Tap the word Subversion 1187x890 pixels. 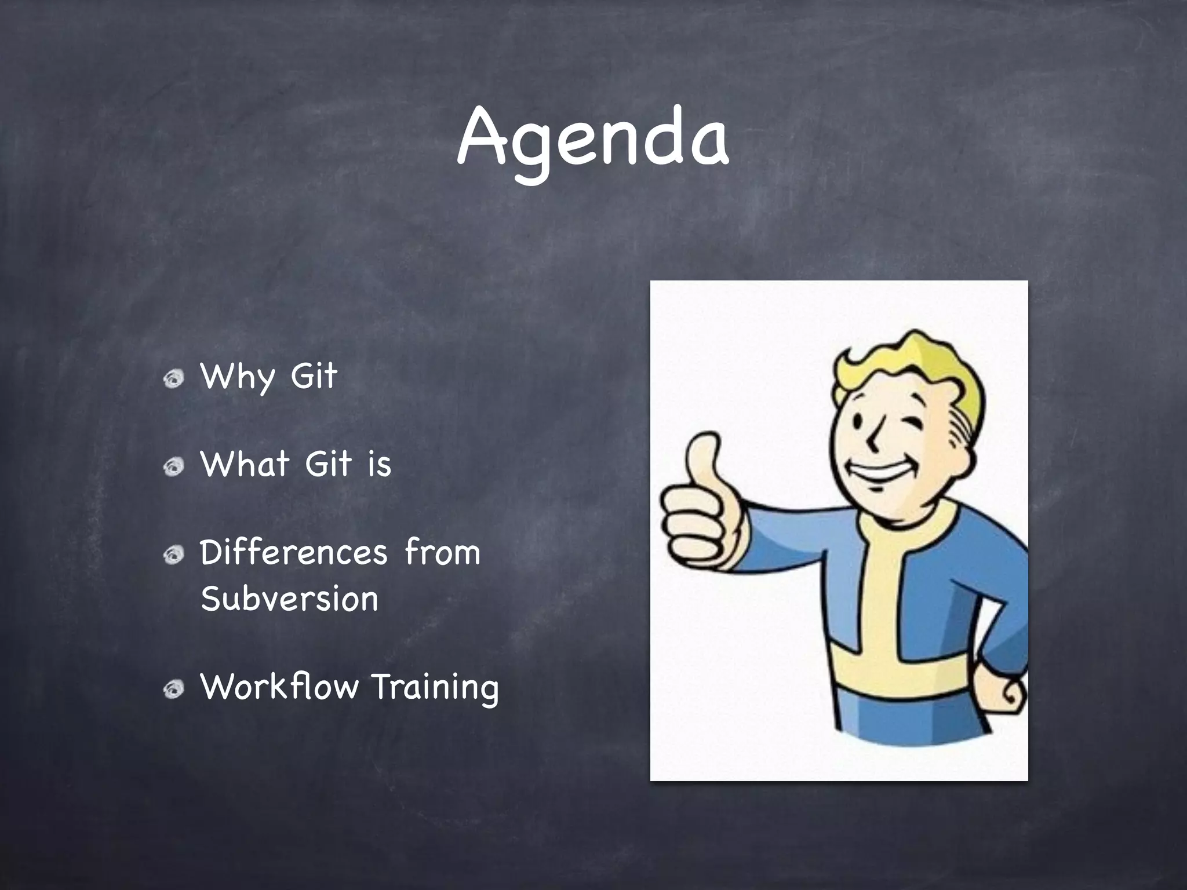pyautogui.click(x=289, y=599)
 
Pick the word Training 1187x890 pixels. pyautogui.click(x=435, y=688)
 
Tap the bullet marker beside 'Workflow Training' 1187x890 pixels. pyautogui.click(x=173, y=689)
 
